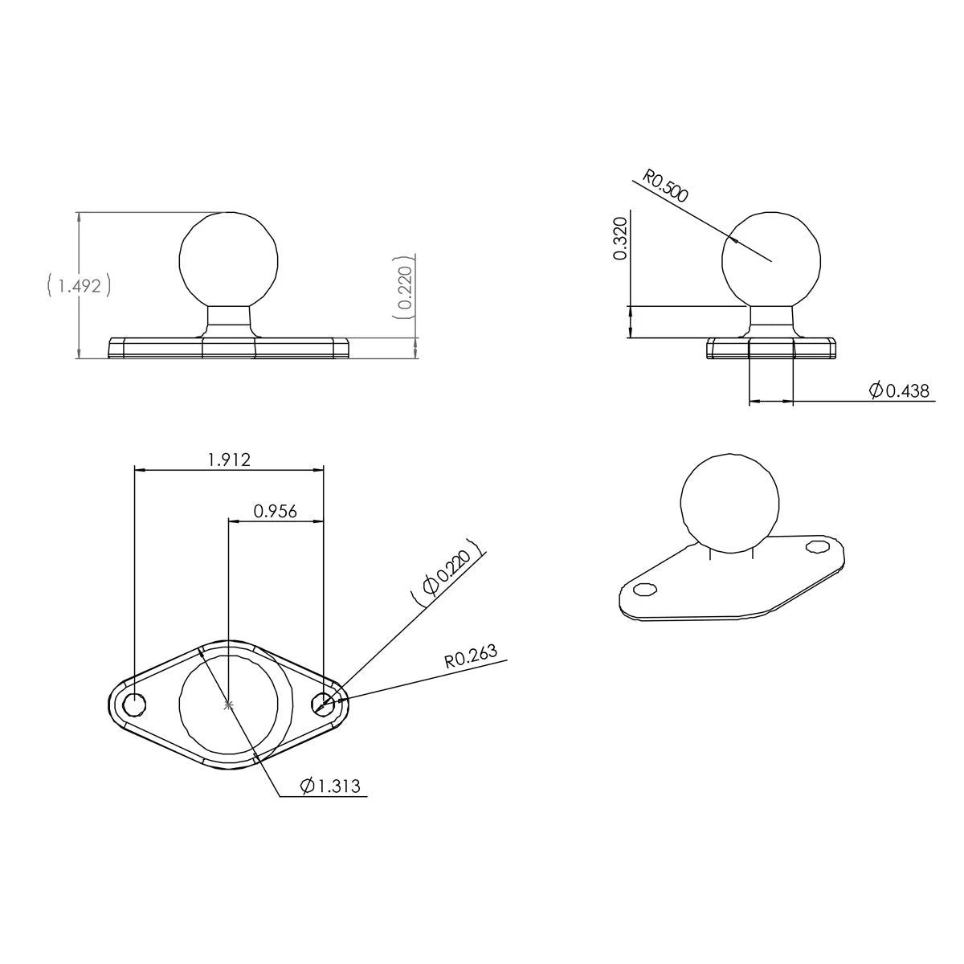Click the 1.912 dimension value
tap(229, 460)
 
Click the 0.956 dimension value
tap(276, 511)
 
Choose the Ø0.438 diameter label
tap(899, 391)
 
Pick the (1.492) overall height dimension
tap(78, 286)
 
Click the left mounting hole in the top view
tap(134, 704)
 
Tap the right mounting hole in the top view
tap(324, 704)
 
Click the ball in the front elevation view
tap(229, 259)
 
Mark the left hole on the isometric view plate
tap(643, 590)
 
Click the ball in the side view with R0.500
tap(771, 260)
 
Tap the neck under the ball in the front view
tap(229, 320)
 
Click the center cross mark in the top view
tap(229, 705)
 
